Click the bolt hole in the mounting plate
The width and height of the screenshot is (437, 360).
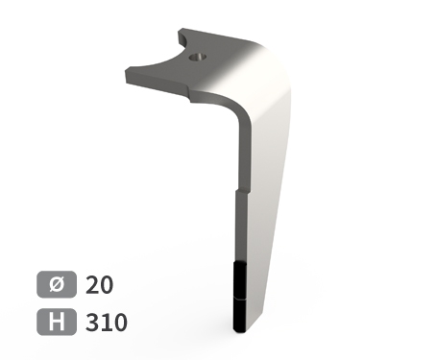(197, 58)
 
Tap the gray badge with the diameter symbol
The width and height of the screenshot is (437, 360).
(57, 284)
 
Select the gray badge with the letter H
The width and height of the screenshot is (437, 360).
(57, 322)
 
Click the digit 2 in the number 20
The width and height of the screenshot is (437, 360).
(92, 285)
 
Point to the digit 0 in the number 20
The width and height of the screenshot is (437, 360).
(107, 285)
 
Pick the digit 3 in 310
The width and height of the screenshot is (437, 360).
(92, 323)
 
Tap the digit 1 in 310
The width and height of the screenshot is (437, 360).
(106, 323)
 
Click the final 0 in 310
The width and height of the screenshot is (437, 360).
(120, 323)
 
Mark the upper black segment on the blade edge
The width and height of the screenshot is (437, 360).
(241, 279)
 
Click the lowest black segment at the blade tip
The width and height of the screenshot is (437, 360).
(240, 315)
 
